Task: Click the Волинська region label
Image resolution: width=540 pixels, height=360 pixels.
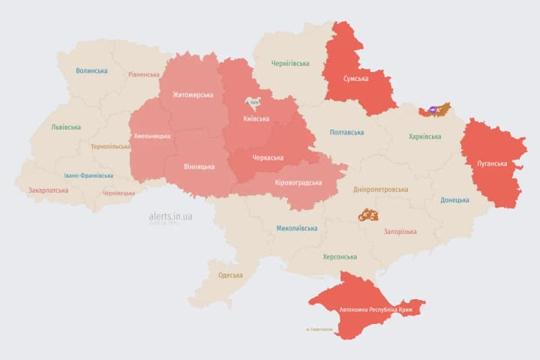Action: [91, 71]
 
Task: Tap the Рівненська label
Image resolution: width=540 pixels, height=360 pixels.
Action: [144, 75]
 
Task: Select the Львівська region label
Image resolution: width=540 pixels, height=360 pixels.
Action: [66, 127]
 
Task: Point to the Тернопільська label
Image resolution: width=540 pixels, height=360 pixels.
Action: [110, 146]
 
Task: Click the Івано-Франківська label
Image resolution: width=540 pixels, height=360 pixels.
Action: [88, 175]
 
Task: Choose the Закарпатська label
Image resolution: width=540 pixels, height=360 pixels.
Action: [48, 190]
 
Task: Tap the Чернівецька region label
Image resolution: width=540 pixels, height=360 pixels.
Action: [118, 193]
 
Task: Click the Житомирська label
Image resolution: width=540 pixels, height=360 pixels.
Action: [193, 95]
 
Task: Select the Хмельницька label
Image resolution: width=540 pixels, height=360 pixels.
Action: [151, 136]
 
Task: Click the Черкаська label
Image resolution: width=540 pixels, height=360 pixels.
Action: [267, 157]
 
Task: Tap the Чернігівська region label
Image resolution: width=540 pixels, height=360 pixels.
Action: [290, 64]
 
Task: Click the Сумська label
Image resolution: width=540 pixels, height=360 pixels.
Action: [355, 79]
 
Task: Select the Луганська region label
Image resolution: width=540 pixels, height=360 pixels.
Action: [492, 163]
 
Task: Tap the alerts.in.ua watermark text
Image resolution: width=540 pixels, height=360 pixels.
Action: [170, 216]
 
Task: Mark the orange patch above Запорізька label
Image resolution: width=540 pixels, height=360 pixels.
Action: [367, 215]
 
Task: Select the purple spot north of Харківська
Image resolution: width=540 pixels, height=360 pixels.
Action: [433, 112]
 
